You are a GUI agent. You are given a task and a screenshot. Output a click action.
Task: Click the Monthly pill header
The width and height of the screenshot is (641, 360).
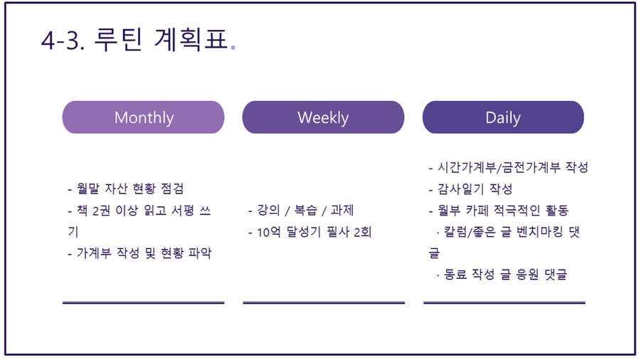tap(143, 117)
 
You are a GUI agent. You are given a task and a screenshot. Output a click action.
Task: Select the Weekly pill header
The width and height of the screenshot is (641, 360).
tap(323, 117)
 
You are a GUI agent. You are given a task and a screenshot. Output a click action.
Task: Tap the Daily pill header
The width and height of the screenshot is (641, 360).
tap(503, 117)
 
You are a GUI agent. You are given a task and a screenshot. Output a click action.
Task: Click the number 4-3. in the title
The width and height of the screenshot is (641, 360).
tap(63, 40)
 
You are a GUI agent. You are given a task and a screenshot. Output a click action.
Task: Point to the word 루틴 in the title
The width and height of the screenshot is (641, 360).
tap(118, 39)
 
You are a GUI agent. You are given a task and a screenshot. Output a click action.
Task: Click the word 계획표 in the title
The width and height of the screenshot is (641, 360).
tap(191, 39)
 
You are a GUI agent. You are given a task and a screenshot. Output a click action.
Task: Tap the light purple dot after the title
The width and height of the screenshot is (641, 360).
tap(233, 48)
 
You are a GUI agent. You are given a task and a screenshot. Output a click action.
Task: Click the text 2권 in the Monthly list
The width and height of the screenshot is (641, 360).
tap(102, 211)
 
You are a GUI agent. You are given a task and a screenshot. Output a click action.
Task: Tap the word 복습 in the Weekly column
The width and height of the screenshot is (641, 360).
tap(306, 210)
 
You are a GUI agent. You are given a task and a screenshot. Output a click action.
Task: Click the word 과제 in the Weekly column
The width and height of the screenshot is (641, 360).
tap(342, 210)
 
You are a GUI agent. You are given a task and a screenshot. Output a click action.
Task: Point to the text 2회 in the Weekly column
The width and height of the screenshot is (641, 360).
tap(363, 232)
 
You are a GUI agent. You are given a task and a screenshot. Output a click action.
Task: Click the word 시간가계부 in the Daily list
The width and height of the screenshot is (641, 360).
tap(467, 166)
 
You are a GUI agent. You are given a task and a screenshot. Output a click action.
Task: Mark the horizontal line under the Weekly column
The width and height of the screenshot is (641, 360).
tap(324, 303)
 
